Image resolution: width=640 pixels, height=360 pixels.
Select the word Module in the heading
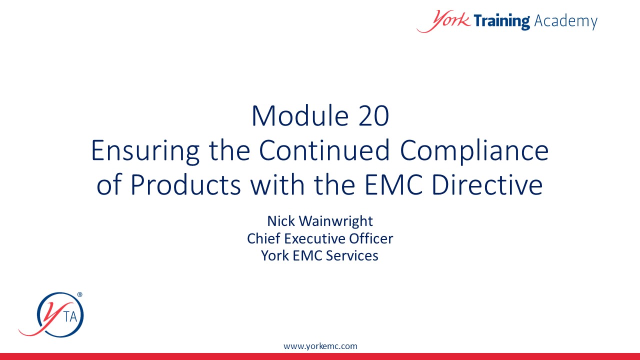coord(300,115)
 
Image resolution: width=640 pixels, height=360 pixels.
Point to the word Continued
coord(324,150)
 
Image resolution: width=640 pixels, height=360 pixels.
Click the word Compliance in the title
coord(474,151)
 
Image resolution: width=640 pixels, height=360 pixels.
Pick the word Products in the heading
coord(185,184)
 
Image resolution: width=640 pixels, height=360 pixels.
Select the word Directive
coord(487,184)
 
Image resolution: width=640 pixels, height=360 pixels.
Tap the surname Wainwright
coord(335,221)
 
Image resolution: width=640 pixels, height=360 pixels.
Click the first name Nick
coord(281,221)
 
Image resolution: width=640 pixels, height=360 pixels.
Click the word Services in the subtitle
coord(352,255)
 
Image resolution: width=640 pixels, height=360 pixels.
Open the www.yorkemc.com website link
coord(320,346)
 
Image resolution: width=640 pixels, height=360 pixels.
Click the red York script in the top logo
coord(443,21)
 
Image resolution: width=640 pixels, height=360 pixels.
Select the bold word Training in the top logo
coord(501,21)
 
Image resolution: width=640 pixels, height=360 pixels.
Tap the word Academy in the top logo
coord(565,21)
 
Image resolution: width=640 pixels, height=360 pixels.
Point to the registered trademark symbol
coord(79,294)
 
